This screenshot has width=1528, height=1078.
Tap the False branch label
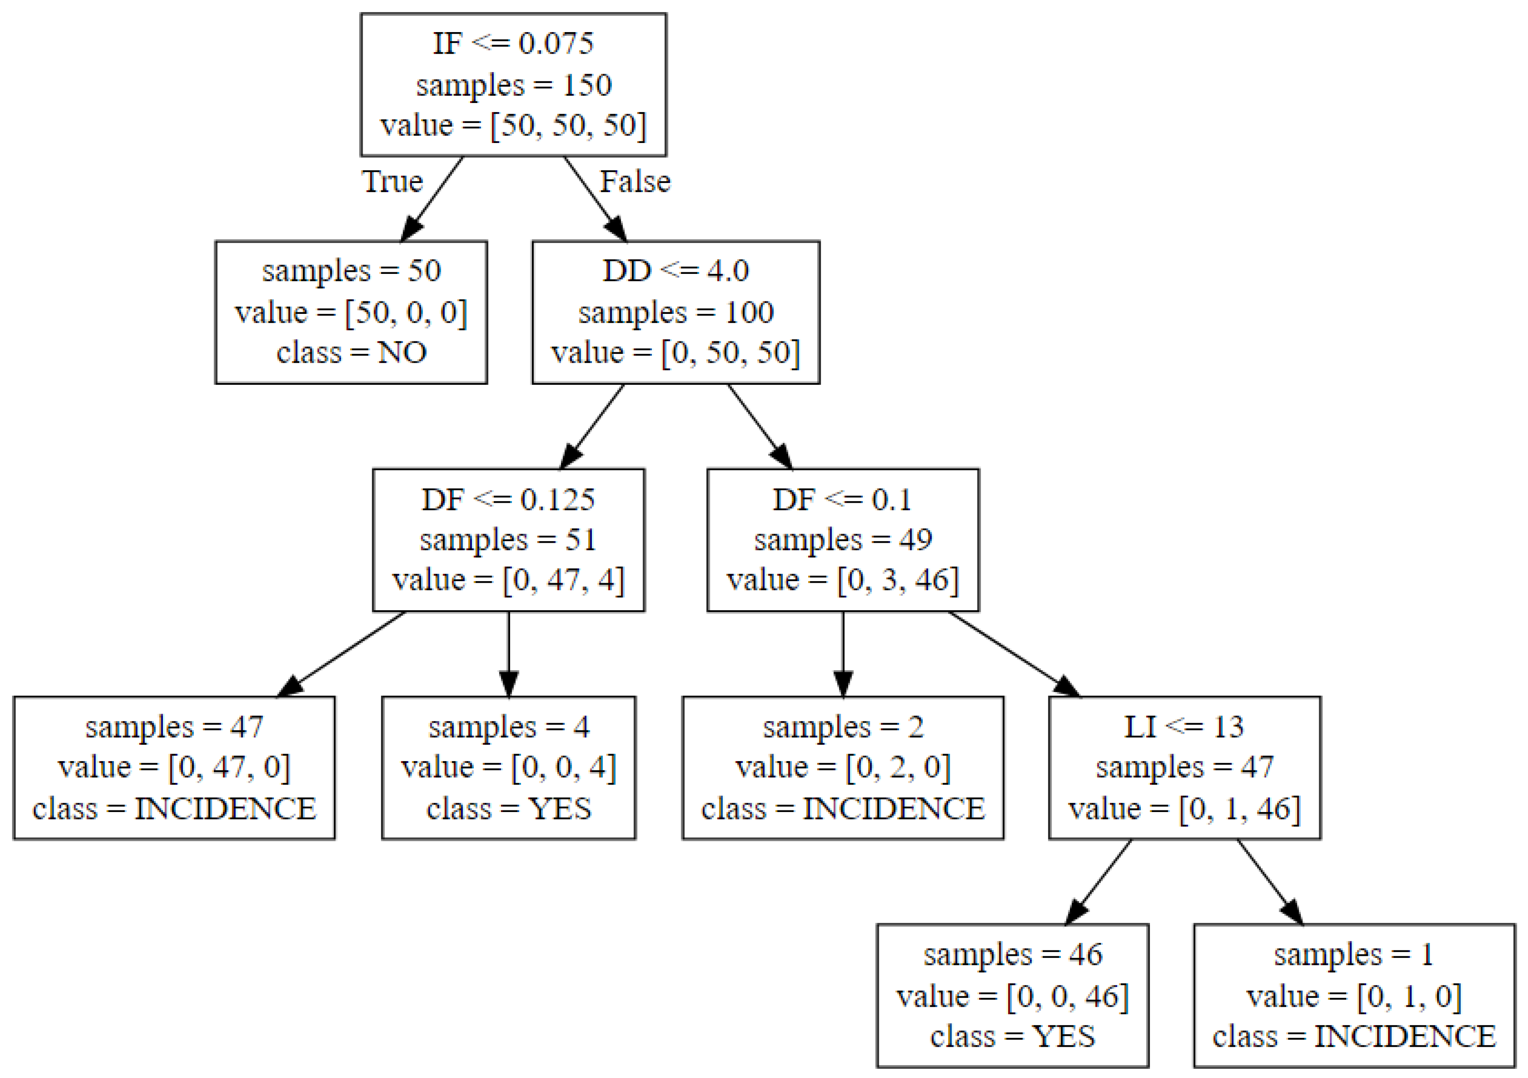[x=635, y=182]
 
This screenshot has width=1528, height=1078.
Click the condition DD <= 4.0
[x=676, y=271]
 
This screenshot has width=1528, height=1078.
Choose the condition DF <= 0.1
[x=842, y=500]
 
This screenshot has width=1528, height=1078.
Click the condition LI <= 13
[x=1184, y=727]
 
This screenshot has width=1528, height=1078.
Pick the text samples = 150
[x=513, y=85]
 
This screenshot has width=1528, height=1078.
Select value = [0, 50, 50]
[x=676, y=353]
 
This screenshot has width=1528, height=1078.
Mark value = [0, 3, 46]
[x=842, y=580]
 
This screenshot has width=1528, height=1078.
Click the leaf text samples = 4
[x=508, y=727]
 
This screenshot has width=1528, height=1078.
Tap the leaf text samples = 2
[x=842, y=727]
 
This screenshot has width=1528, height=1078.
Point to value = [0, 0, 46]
[x=1012, y=997]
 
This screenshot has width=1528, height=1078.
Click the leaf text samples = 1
[x=1354, y=955]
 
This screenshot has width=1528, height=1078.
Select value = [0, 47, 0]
[x=174, y=767]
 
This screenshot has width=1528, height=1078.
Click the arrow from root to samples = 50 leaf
[x=433, y=199]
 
